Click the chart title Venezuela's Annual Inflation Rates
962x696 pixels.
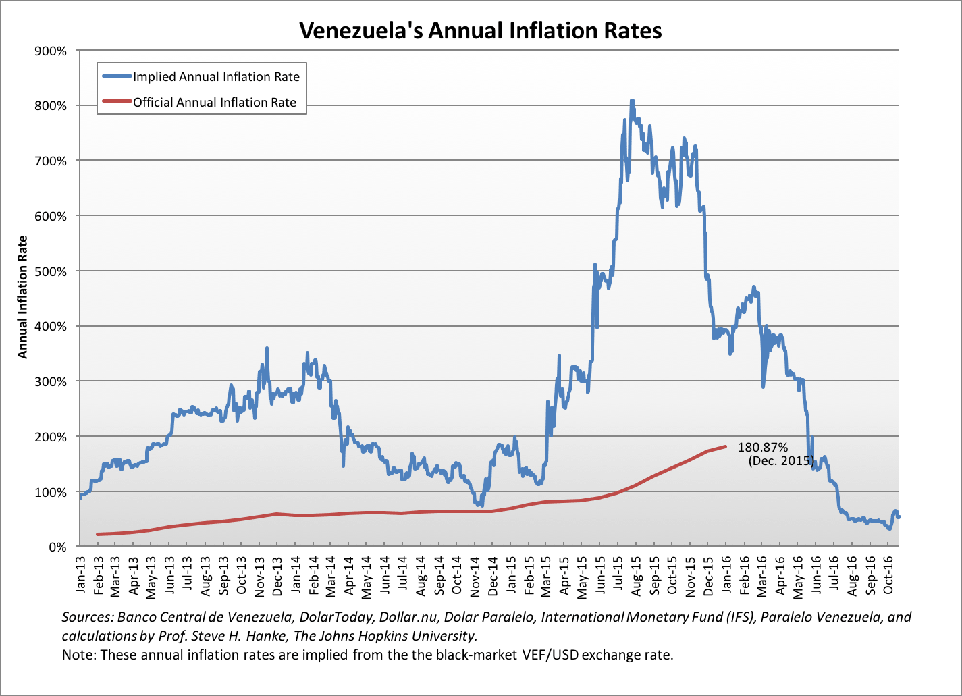tap(480, 30)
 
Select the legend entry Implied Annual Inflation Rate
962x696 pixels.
tap(216, 76)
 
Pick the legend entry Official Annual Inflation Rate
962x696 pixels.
tap(215, 103)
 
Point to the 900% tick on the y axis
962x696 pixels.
tap(51, 51)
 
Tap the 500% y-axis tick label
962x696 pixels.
tap(51, 271)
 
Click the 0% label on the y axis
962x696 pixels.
tap(58, 547)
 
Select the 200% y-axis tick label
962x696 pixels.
tap(51, 437)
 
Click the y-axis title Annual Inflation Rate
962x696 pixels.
tap(23, 297)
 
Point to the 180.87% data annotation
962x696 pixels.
tap(763, 447)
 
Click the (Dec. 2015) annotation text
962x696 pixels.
tap(780, 461)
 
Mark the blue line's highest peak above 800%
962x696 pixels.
tap(632, 101)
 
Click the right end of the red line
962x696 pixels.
tap(725, 446)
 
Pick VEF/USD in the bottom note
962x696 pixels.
tap(549, 655)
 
